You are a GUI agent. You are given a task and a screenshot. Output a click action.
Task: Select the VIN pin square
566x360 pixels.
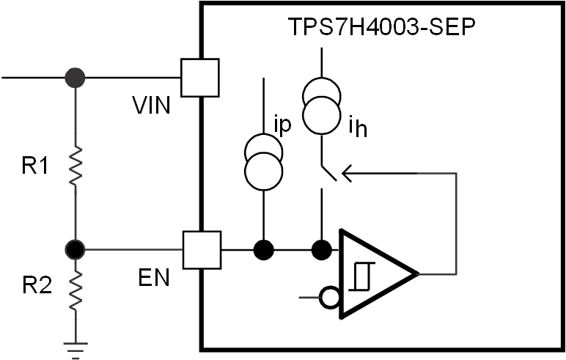click(200, 77)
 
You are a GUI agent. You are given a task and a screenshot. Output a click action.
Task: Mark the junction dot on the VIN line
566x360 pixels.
click(75, 76)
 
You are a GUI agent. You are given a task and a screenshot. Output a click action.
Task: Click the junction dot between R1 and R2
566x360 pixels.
click(75, 251)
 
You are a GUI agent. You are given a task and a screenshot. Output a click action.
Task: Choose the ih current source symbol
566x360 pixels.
click(320, 106)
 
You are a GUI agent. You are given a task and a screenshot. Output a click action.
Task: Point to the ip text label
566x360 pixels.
click(282, 123)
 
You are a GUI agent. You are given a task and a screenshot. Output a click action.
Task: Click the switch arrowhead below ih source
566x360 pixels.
click(348, 174)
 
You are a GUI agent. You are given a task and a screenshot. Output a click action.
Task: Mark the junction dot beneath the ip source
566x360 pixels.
click(262, 251)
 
